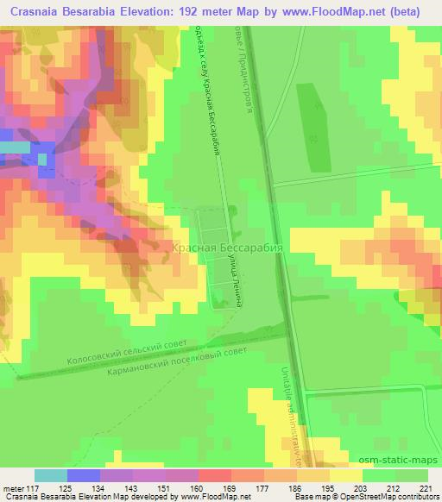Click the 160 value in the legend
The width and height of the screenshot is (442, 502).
point(199,488)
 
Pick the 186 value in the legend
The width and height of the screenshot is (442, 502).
point(297,488)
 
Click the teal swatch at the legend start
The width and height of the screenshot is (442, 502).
point(51,475)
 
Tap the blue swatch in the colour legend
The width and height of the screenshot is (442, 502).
point(84,475)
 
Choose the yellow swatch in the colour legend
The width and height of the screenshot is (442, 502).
point(346,475)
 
